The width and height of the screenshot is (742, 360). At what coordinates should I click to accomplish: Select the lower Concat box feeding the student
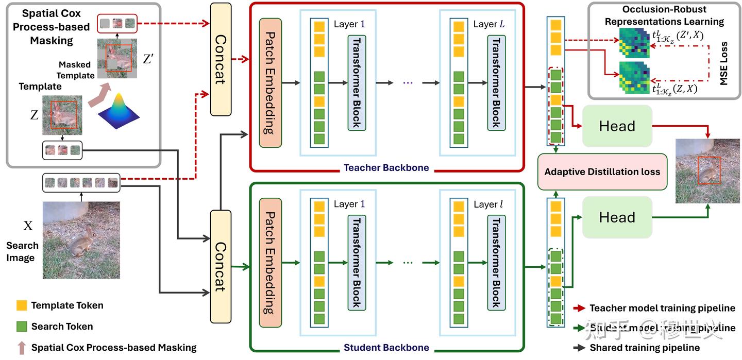pyautogui.click(x=221, y=265)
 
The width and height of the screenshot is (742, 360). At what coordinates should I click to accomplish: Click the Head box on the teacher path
pyautogui.click(x=617, y=126)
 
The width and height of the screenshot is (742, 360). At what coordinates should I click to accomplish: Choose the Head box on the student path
pyautogui.click(x=617, y=217)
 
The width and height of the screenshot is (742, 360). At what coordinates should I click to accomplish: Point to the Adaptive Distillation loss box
pyautogui.click(x=602, y=172)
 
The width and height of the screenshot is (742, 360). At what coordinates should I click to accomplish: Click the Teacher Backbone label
pyautogui.click(x=386, y=167)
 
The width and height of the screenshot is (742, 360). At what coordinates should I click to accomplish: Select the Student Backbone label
pyautogui.click(x=386, y=347)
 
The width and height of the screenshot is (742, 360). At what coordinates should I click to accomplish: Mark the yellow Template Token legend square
pyautogui.click(x=21, y=305)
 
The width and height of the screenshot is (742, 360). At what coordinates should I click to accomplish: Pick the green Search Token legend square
pyautogui.click(x=21, y=326)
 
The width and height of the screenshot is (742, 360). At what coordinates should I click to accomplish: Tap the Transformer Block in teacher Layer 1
pyautogui.click(x=356, y=82)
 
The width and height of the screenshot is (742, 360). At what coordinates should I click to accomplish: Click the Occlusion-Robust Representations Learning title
pyautogui.click(x=664, y=15)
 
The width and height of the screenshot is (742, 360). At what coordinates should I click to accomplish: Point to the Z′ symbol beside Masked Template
pyautogui.click(x=148, y=59)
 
